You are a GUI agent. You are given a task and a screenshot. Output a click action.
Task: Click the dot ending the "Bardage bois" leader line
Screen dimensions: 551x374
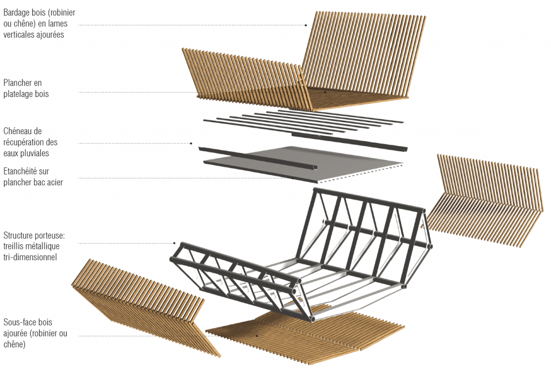[306, 25]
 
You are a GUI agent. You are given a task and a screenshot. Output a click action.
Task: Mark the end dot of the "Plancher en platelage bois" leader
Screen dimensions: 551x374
[326, 92]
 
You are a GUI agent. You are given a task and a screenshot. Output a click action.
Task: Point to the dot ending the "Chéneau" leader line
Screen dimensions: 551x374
[191, 143]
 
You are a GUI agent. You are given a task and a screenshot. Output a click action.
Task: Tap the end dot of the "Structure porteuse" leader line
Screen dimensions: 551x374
[174, 243]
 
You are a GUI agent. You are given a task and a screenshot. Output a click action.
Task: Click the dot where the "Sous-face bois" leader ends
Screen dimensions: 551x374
[257, 336]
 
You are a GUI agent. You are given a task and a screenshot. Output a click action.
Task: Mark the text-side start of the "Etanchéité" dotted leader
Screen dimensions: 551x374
[79, 178]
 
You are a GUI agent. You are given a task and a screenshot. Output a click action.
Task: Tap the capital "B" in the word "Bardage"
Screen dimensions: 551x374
[6, 13]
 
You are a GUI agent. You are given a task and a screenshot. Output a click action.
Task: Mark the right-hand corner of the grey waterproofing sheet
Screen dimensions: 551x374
[402, 164]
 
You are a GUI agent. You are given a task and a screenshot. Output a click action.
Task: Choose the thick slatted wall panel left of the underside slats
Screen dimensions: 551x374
[146, 307]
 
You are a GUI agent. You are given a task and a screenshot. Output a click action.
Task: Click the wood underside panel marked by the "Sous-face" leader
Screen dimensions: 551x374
[305, 334]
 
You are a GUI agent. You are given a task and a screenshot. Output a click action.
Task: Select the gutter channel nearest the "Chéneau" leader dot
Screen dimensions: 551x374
[258, 158]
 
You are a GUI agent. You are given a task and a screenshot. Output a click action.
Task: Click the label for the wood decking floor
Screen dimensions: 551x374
[26, 88]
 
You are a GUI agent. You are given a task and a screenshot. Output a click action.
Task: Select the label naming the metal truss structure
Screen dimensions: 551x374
[34, 246]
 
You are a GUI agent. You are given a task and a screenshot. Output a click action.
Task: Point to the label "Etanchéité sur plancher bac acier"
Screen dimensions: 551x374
[33, 177]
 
